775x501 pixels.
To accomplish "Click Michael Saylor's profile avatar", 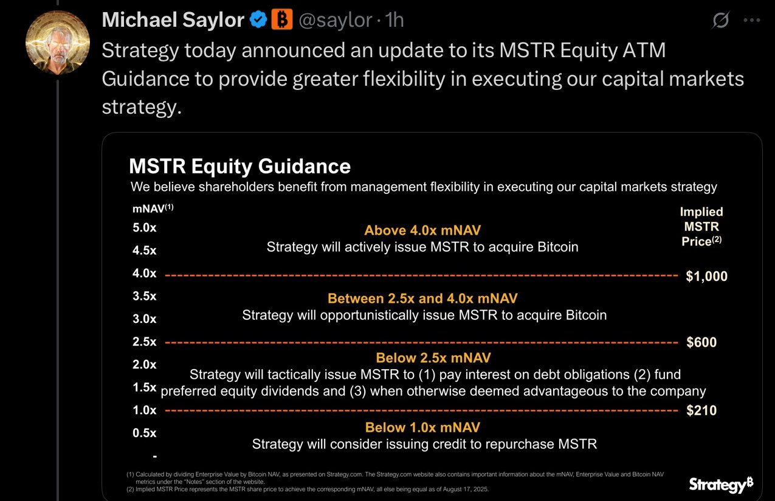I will (58, 42).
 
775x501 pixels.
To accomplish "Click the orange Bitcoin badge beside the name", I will (281, 20).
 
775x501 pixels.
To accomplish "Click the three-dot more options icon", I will (752, 21).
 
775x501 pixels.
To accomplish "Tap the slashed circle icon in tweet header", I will (720, 21).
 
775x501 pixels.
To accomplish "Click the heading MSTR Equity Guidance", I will (239, 167).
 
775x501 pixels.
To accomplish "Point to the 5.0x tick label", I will (145, 228).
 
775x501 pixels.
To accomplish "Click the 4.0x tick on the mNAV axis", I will (145, 274).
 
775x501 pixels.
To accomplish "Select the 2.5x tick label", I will (145, 342).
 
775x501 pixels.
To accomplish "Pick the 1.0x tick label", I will (145, 410).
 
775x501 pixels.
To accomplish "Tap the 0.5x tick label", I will (145, 433).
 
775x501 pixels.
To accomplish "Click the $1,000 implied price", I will (706, 276).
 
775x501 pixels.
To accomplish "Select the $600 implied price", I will (701, 342).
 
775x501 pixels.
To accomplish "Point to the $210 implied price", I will (701, 410).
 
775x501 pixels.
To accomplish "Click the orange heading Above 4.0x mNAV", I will (422, 230).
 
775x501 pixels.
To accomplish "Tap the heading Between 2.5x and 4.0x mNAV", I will (422, 299).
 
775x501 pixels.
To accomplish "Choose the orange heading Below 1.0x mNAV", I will (422, 427).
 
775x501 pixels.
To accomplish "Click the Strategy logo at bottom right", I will (721, 485).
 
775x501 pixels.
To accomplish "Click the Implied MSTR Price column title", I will (701, 226).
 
